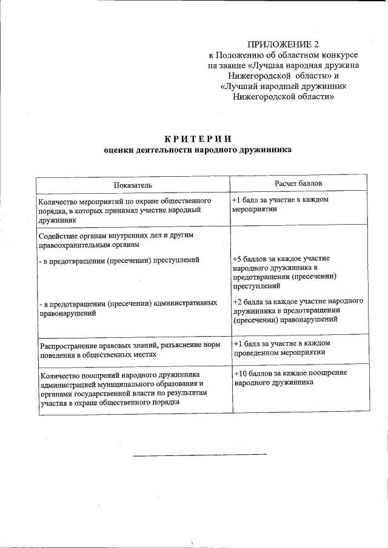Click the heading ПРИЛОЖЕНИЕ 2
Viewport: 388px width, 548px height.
click(x=283, y=44)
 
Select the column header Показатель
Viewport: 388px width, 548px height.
click(x=132, y=184)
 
